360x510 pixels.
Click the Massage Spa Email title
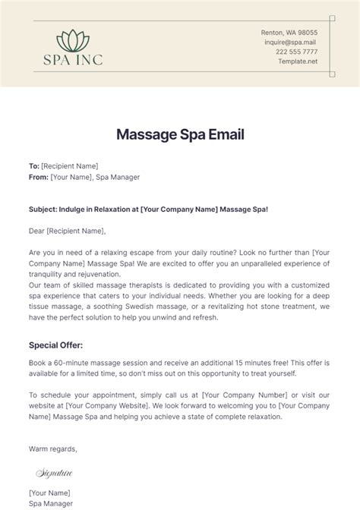point(180,135)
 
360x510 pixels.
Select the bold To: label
point(34,165)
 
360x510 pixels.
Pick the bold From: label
point(38,177)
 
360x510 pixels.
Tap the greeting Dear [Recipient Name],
point(68,231)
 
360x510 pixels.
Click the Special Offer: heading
point(58,345)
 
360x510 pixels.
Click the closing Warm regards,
point(53,449)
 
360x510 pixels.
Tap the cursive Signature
point(55,472)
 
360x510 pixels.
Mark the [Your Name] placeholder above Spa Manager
point(50,494)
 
